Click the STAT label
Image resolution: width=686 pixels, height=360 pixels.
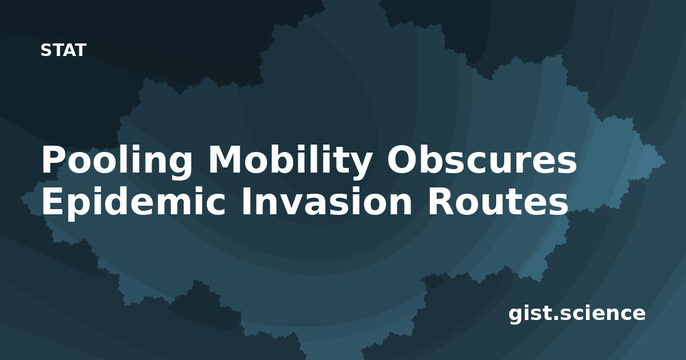[63, 50]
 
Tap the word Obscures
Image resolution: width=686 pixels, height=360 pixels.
[482, 159]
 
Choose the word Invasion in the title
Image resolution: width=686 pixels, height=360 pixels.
[326, 201]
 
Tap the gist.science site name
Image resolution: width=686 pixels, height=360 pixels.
[577, 314]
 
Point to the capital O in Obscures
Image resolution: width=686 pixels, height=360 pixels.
[401, 159]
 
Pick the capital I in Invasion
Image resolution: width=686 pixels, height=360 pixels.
[246, 201]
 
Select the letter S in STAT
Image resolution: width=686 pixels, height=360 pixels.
[46, 50]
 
